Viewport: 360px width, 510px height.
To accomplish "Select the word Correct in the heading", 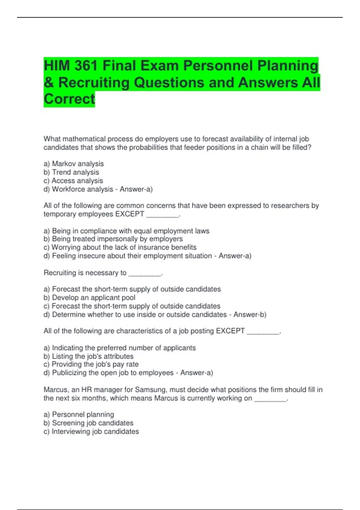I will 69,99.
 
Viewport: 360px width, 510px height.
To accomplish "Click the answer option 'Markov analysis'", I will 78,164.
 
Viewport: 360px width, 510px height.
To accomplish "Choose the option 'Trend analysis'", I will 75,172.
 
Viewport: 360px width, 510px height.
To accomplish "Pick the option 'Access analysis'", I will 77,181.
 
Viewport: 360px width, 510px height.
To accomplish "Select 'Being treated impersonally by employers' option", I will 117,239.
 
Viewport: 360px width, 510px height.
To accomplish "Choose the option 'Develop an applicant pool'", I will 93,298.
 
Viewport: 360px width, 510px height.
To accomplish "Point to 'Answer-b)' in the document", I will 250,314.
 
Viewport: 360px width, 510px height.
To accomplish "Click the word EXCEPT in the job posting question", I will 230,331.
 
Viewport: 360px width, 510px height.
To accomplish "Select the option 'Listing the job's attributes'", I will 92,356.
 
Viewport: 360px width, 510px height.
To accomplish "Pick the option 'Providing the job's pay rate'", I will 95,364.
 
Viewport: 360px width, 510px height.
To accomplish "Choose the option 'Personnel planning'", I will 83,415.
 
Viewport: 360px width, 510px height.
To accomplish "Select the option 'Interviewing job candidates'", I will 95,431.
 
